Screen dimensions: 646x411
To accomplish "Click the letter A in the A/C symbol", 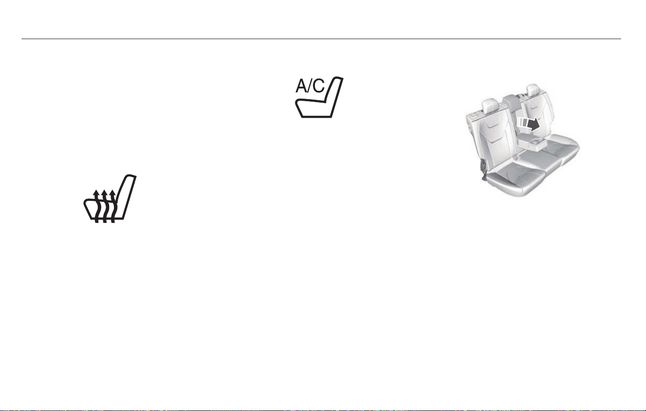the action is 302,86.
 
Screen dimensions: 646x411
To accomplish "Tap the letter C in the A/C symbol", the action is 319,86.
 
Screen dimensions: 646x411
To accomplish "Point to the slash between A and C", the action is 311,86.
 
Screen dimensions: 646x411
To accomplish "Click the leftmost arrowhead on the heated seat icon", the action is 97,193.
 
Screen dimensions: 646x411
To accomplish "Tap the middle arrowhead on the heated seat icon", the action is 105,193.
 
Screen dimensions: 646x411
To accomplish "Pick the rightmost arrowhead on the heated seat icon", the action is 113,193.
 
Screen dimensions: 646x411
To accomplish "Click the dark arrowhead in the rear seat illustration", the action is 534,124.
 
